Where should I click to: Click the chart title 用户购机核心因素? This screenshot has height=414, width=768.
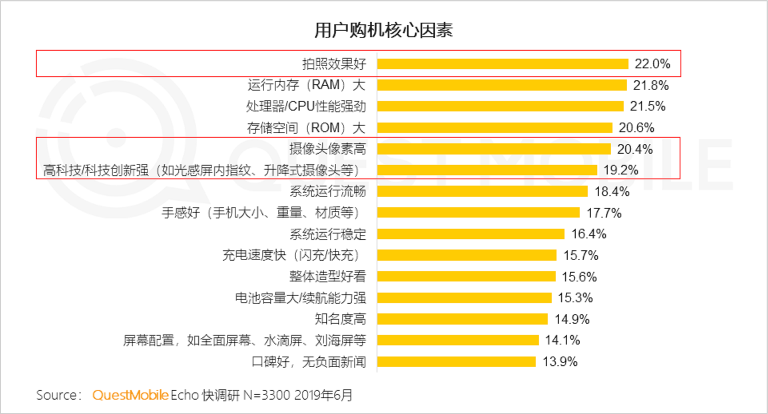coord(383,30)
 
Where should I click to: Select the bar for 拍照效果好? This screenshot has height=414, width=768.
coord(503,64)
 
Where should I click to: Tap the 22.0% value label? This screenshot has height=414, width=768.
coord(652,64)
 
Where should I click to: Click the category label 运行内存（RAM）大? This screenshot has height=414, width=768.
coord(306,85)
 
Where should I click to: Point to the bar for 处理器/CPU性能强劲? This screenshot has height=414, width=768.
coord(500,106)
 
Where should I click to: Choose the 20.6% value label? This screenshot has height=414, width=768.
coord(636,128)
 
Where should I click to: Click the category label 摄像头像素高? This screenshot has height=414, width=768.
coord(327,149)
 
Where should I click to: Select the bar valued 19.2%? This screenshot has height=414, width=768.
coord(487,170)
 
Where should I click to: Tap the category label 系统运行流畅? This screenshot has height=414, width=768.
coord(327,192)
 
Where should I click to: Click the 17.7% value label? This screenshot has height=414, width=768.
coord(604,213)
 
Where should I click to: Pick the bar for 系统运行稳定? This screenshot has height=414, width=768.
coord(471,234)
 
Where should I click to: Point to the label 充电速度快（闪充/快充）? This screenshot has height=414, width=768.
coord(291,255)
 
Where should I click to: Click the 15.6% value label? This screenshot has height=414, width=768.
coord(579,277)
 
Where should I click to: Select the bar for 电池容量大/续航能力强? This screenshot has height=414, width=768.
coord(464,298)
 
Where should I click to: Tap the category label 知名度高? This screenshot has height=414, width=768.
coord(340,319)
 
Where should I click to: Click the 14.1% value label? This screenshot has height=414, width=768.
coord(562,340)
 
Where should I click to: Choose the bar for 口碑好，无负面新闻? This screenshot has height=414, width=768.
coord(456,362)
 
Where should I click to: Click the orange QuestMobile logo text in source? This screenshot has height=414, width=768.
coord(130,395)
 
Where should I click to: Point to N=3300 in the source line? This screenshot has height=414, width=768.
coord(267,395)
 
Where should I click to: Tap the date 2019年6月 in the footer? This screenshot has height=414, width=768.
coord(323,395)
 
